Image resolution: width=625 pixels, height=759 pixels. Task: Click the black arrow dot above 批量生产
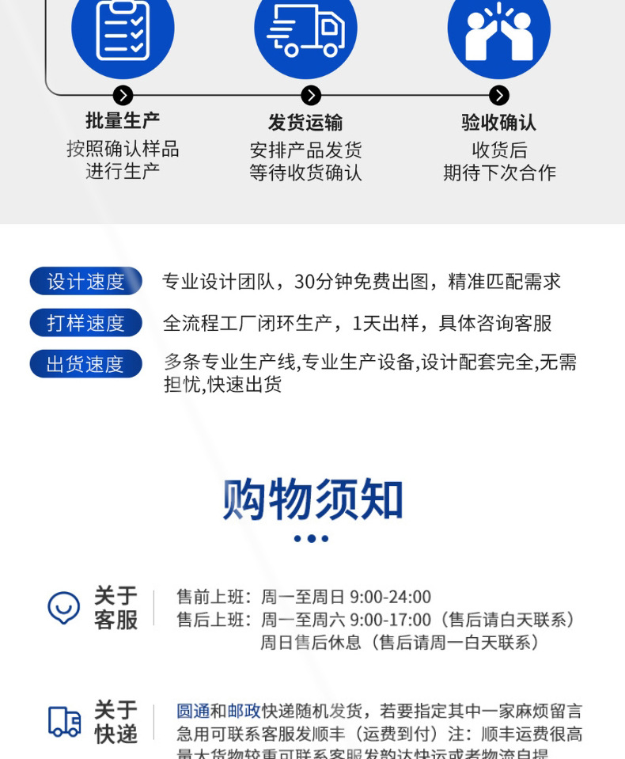[x=123, y=96]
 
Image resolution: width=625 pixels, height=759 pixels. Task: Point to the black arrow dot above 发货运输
[x=311, y=96]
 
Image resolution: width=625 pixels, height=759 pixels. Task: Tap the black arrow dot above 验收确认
[x=498, y=96]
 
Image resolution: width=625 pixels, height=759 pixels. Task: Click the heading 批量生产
[x=123, y=121]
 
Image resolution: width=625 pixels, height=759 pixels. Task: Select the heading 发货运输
[x=305, y=123]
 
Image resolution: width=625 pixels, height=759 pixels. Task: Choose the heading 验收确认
[x=498, y=123]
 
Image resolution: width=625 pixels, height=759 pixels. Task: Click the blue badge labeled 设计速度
[x=85, y=282]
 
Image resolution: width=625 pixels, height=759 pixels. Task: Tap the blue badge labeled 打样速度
[x=85, y=323]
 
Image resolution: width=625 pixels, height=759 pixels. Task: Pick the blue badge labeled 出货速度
[x=85, y=364]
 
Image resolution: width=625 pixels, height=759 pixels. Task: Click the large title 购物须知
[x=312, y=499]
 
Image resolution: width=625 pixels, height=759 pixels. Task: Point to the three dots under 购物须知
[x=311, y=539]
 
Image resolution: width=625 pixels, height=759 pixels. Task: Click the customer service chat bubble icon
[x=64, y=608]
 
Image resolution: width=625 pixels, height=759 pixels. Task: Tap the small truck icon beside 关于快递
[x=64, y=721]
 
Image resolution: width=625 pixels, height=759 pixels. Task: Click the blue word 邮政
[x=244, y=711]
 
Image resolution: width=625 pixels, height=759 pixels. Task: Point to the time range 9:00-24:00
[x=390, y=597]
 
